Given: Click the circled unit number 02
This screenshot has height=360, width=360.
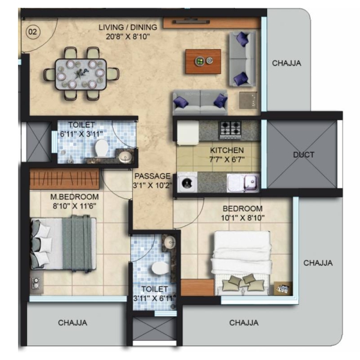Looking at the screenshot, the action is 32,32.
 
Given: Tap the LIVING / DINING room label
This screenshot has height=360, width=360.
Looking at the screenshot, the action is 128,28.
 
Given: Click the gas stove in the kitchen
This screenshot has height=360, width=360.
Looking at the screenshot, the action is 230,130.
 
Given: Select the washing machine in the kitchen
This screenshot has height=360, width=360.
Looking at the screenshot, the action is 187,182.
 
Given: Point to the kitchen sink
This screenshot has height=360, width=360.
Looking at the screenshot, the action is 243,182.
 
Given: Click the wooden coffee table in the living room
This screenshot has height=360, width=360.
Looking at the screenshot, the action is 203,61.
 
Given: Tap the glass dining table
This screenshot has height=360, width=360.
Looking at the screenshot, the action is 80,74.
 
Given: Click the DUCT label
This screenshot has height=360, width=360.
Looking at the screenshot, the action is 304,155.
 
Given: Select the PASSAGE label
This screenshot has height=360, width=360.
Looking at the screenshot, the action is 152,176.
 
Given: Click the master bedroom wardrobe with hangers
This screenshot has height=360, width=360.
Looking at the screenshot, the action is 65,179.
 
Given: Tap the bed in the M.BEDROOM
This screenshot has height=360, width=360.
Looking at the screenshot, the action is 64,244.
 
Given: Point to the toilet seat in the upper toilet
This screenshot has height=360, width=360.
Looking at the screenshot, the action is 101,148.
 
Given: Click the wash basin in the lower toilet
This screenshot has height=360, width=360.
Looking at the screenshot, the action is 170,242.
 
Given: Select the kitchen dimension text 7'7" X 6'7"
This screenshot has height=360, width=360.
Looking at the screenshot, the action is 227,160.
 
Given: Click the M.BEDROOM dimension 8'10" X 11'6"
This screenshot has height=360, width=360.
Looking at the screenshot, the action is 74,206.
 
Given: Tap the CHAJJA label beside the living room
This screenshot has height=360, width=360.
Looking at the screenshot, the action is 287,63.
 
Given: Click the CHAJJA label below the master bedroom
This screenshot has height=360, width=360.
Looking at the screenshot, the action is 73,323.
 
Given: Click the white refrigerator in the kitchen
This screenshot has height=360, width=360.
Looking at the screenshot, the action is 188,133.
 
